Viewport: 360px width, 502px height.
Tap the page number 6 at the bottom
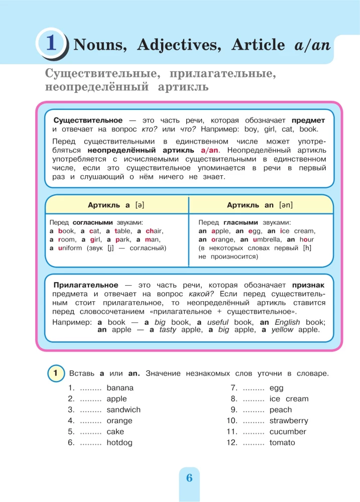click(189, 477)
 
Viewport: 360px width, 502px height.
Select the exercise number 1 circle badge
click(57, 373)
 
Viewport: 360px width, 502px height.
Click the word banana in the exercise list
click(120, 388)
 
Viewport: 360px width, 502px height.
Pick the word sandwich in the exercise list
click(124, 410)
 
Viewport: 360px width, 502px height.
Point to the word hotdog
click(119, 443)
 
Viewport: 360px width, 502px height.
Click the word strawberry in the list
click(289, 421)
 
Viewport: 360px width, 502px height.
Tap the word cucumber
click(288, 432)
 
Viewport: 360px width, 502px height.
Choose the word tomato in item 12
click(282, 443)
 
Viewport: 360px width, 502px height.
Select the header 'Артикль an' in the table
click(260, 205)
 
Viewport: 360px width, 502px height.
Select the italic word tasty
click(168, 330)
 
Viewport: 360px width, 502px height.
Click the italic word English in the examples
click(288, 322)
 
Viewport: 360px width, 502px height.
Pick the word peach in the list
click(281, 410)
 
